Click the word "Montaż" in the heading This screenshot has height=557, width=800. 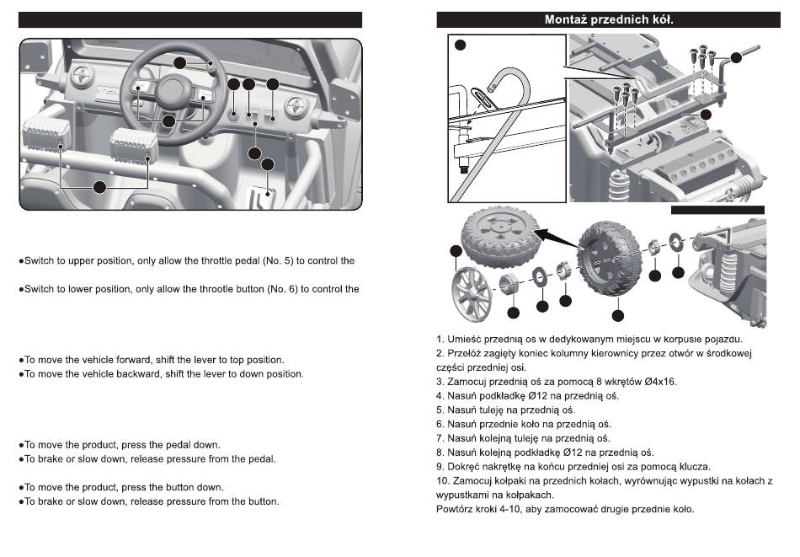tap(568, 19)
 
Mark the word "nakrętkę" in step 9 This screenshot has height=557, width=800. tap(516, 466)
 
